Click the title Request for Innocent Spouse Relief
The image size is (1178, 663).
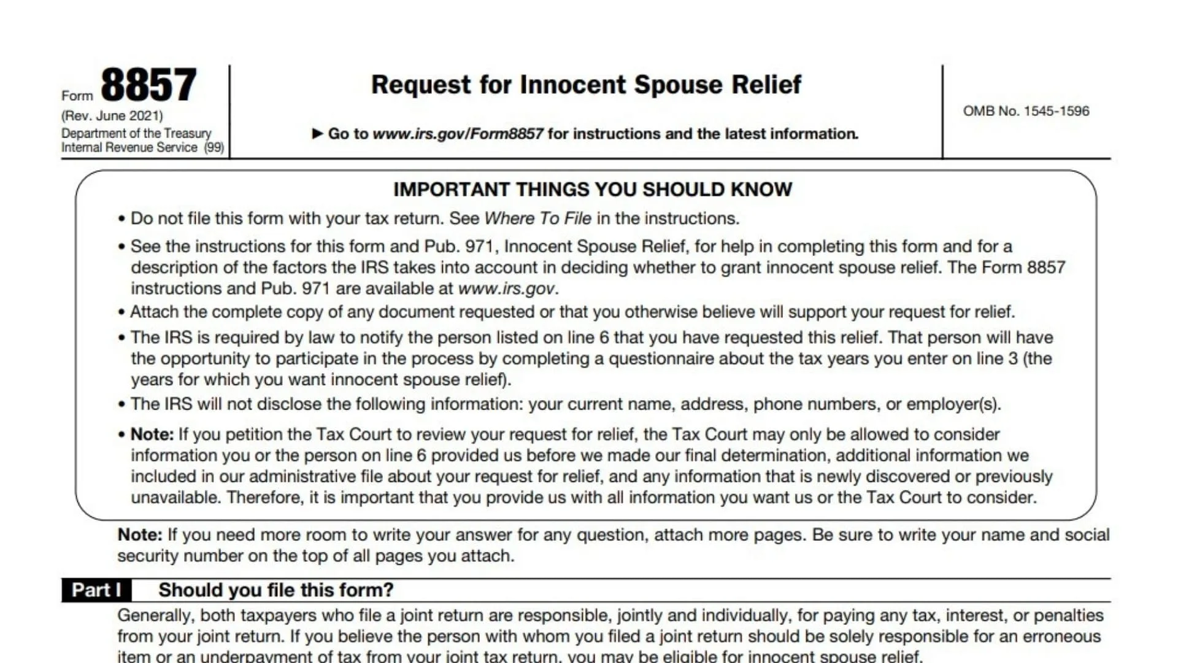tap(586, 85)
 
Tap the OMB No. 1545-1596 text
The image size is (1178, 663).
tap(1026, 111)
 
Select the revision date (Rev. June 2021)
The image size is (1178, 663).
tap(112, 116)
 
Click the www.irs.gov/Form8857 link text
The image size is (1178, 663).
tap(458, 134)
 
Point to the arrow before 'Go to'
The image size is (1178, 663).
tap(317, 133)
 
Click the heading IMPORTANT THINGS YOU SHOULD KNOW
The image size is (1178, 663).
tap(593, 189)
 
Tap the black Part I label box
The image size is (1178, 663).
tap(96, 590)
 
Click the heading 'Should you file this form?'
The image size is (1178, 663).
tap(275, 590)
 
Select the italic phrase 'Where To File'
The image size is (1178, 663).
tap(537, 219)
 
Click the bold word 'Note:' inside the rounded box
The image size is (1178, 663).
tap(152, 435)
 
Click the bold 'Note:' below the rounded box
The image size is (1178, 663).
tap(140, 535)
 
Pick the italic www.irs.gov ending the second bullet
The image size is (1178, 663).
tap(507, 289)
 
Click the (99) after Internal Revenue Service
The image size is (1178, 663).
tap(214, 148)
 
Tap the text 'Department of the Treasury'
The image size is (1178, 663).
tap(136, 133)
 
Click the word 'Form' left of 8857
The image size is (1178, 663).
tap(77, 96)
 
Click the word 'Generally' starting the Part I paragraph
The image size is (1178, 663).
tap(156, 616)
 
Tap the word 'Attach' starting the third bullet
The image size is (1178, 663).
tap(154, 312)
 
